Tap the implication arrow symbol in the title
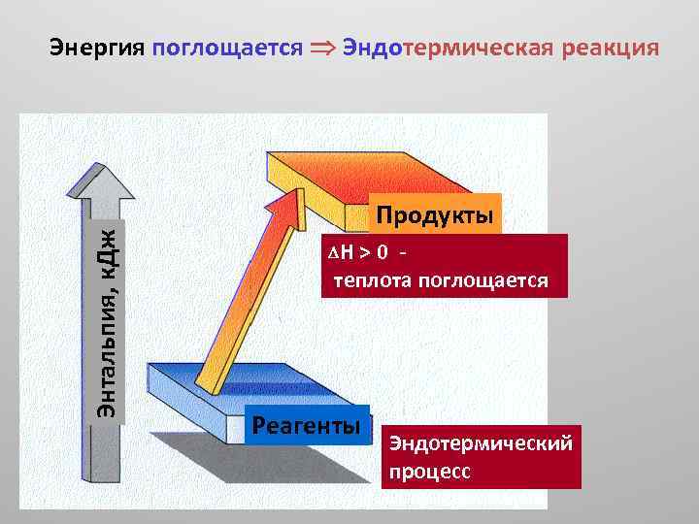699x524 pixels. [323, 49]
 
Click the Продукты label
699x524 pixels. [435, 214]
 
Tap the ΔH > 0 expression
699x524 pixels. [358, 254]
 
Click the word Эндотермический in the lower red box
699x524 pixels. [481, 443]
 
